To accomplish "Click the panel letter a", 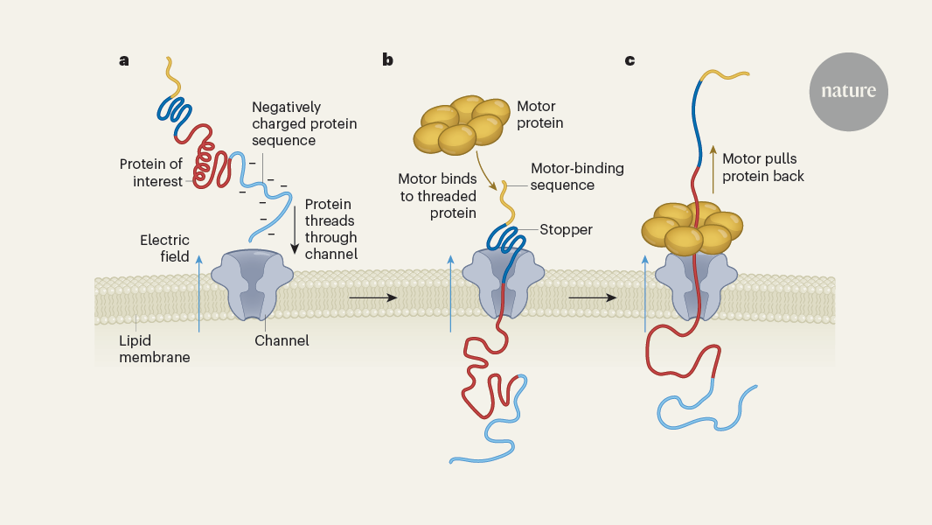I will [x=124, y=60].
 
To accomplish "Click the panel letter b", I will [x=387, y=60].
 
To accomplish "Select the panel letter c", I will [x=629, y=60].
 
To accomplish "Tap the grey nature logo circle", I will [x=848, y=92].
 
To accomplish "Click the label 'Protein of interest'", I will [x=151, y=172].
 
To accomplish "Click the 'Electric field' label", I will [x=164, y=248].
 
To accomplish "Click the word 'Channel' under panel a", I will [x=282, y=340].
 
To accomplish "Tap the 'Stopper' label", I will [x=566, y=230].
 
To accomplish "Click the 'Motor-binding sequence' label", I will [x=577, y=177].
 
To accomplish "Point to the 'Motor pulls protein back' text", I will [x=763, y=167].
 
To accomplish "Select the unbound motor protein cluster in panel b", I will [x=462, y=122].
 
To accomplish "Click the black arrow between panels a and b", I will [x=372, y=298].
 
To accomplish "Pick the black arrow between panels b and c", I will [x=593, y=298].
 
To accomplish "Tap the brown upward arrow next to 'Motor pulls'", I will [x=712, y=167].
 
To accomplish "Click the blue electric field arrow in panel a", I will [x=200, y=293].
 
